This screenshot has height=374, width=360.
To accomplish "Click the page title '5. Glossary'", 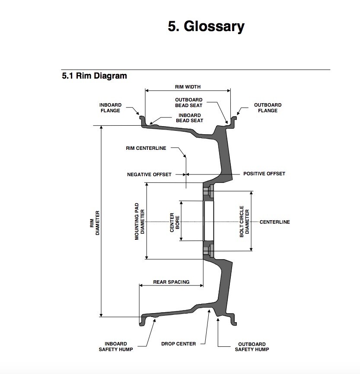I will point(206,26).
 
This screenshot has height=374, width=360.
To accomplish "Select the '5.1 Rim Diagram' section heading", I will point(95,76).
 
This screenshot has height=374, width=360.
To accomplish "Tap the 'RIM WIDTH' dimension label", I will point(188,87).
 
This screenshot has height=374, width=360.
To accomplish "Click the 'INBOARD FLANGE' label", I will point(110,108).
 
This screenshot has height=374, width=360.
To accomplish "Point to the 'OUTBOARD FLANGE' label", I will point(268,108).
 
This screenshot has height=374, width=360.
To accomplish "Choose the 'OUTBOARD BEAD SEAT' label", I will point(188,102).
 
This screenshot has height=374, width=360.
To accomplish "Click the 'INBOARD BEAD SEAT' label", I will point(189,118).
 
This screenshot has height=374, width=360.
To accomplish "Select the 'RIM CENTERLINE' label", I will point(146,148).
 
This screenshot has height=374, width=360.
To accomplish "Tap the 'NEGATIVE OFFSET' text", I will point(149,174).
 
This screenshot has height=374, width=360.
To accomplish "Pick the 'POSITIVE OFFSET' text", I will point(264,174).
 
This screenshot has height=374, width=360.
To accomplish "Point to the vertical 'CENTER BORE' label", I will point(175,222).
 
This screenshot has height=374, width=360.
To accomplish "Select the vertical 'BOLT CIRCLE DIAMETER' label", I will point(245,221).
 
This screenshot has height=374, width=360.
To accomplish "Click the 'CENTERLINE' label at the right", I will point(274,222).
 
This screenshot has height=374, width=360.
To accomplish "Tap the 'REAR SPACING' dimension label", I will point(171,282).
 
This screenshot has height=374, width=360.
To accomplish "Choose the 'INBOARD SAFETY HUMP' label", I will point(116,346).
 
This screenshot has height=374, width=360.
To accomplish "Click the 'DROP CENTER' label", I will point(178,344).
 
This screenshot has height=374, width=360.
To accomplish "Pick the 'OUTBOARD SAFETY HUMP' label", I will point(252,346).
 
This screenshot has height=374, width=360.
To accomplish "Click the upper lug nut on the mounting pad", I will point(210,190).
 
